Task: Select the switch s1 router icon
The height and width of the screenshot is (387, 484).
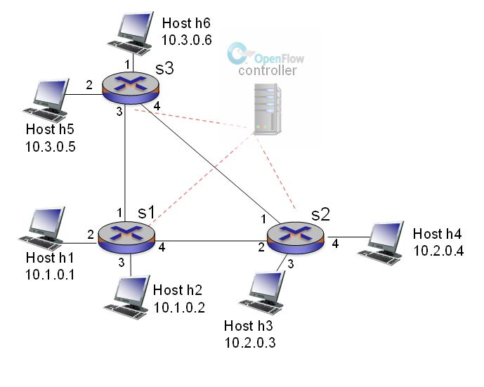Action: pos(127,235)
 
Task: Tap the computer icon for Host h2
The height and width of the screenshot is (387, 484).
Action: pos(126,296)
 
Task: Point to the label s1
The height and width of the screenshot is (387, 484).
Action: pos(145,211)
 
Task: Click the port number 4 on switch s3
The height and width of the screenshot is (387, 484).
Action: pos(157,107)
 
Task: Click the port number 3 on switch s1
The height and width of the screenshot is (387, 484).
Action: pos(121,263)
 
